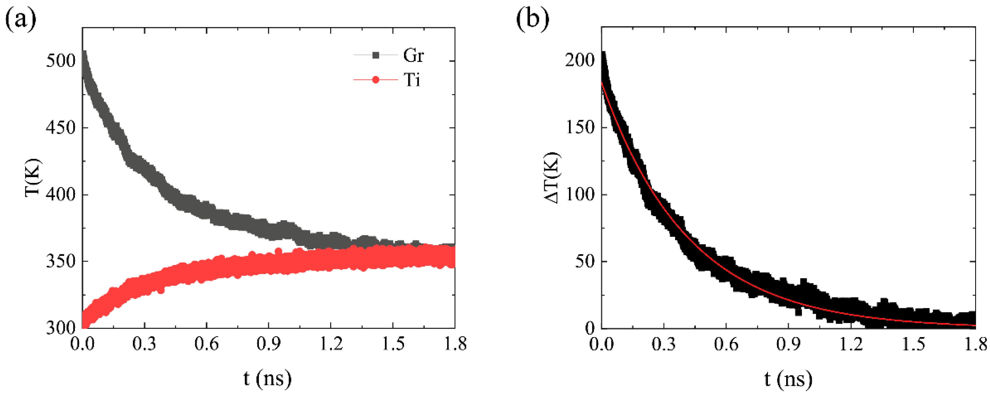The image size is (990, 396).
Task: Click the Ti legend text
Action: (412, 80)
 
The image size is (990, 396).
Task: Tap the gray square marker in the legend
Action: (376, 55)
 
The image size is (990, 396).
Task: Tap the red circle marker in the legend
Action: (376, 80)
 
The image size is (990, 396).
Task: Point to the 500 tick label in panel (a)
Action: (61, 61)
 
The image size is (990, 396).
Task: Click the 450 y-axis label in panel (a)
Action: (61, 128)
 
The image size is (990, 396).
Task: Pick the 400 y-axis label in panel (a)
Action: (61, 194)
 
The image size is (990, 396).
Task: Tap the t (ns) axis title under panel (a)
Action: (268, 379)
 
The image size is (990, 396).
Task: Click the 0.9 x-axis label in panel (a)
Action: (268, 344)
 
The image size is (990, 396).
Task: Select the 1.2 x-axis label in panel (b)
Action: (850, 344)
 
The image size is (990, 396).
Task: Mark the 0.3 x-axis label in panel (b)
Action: (664, 344)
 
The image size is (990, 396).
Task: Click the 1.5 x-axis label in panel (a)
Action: (393, 344)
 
